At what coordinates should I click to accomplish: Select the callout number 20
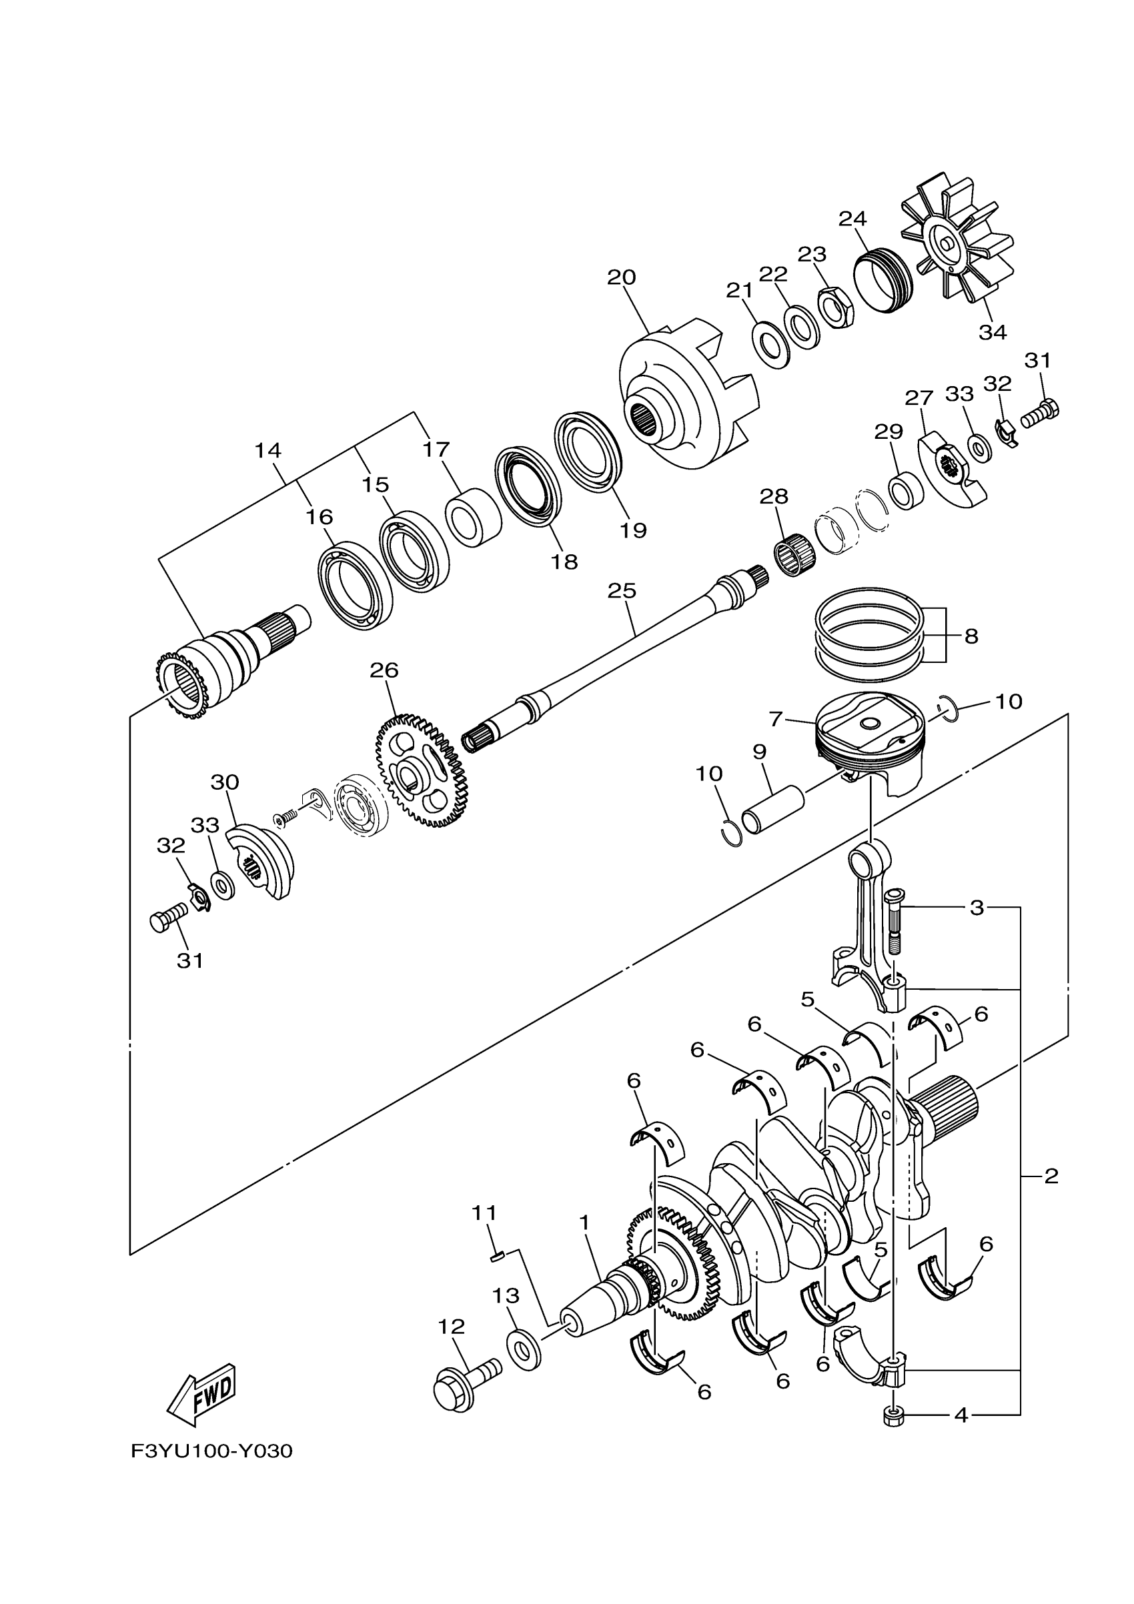(x=621, y=277)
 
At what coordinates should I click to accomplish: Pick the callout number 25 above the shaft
(x=622, y=591)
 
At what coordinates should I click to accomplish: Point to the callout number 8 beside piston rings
(x=971, y=636)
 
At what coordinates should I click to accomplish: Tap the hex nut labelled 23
(x=834, y=306)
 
